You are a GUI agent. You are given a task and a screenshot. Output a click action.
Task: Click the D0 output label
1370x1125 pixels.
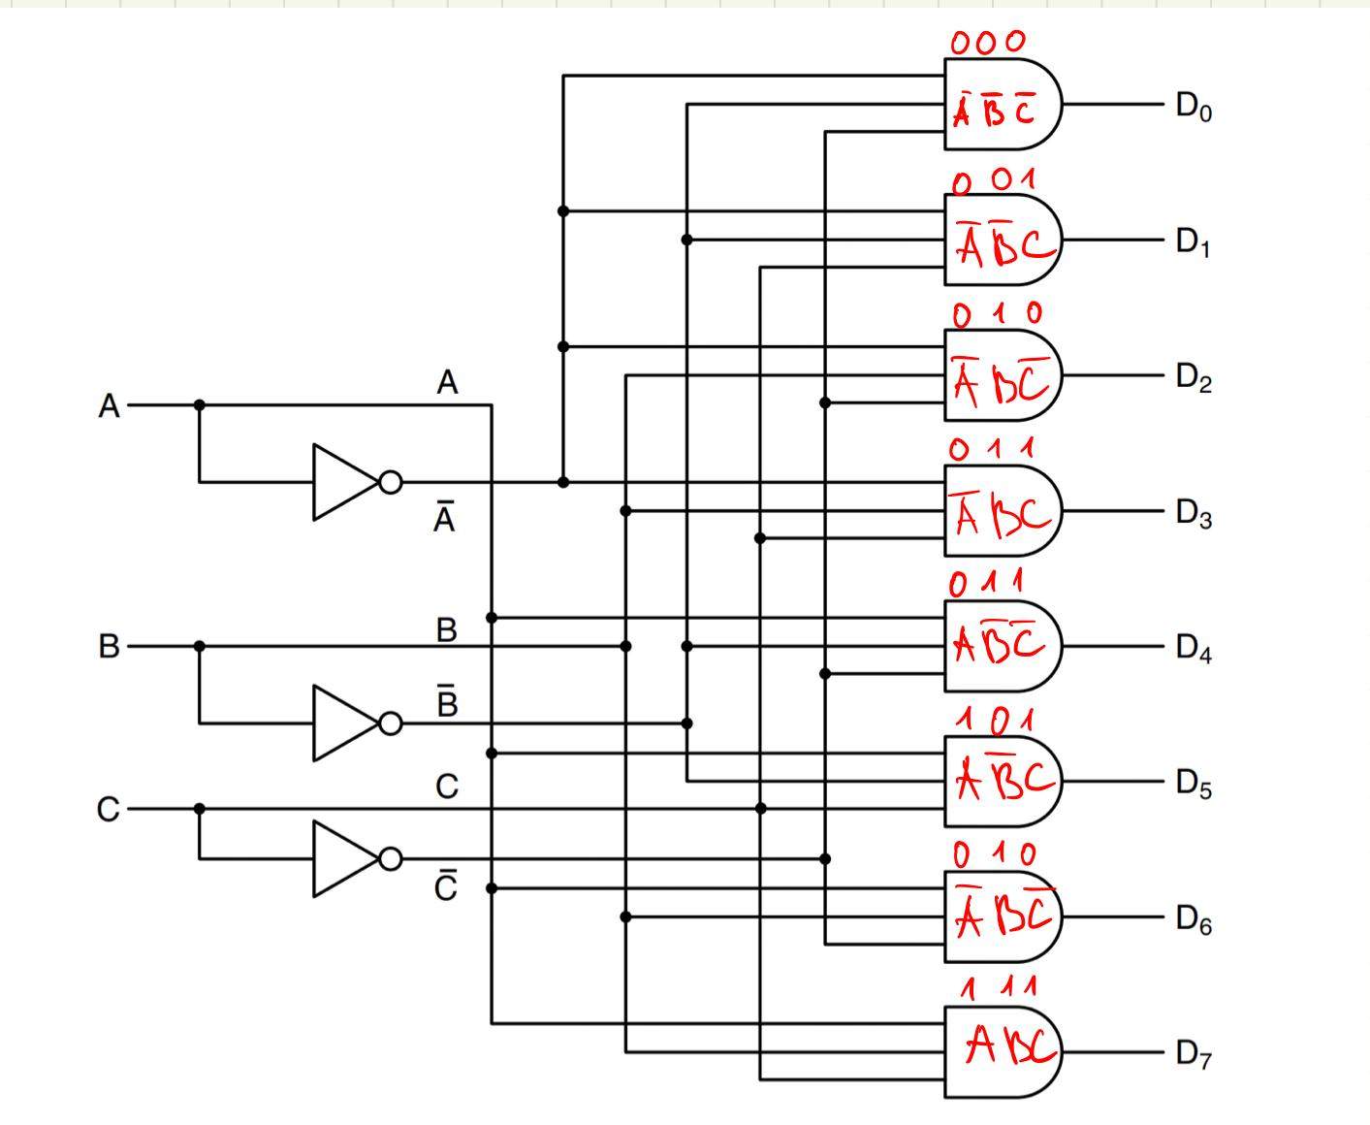1193,106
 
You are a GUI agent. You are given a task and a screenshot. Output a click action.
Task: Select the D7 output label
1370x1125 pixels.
1193,1053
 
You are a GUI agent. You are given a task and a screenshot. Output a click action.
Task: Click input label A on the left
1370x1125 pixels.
110,406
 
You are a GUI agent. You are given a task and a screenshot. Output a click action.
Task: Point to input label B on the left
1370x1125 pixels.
109,646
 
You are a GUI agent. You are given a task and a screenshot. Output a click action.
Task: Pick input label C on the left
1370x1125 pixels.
109,809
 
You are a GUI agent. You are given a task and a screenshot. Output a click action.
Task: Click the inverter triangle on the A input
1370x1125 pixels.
343,482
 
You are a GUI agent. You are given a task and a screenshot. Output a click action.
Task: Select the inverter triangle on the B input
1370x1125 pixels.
343,723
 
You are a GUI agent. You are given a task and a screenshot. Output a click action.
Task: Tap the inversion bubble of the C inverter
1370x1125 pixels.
391,859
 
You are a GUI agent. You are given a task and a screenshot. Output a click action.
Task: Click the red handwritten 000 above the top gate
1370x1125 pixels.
987,42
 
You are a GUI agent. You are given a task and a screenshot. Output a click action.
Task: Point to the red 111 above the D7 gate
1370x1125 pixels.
999,988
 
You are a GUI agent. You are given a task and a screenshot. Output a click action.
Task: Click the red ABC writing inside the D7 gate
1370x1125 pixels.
1008,1046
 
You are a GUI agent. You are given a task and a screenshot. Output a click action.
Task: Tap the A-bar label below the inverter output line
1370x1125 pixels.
444,518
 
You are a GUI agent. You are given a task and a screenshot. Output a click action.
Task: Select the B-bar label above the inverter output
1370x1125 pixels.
446,700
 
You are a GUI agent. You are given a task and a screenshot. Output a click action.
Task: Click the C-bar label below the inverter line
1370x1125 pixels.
445,886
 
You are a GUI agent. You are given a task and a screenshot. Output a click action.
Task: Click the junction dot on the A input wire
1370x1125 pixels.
200,405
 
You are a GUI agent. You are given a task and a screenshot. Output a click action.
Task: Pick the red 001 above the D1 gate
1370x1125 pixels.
994,181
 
